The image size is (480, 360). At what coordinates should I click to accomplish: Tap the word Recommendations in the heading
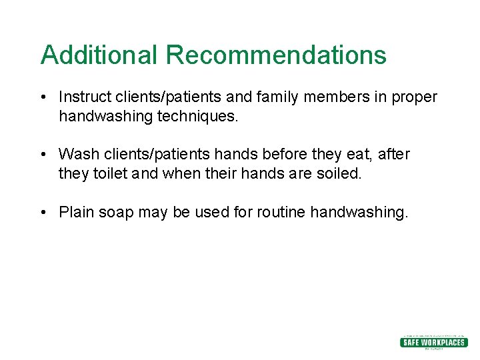click(276, 55)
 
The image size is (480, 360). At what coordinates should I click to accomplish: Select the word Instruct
click(83, 97)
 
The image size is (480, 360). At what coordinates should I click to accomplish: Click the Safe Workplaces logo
click(433, 342)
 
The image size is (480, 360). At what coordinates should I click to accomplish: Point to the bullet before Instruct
click(42, 98)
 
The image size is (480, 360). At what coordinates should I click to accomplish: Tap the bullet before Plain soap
click(42, 213)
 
